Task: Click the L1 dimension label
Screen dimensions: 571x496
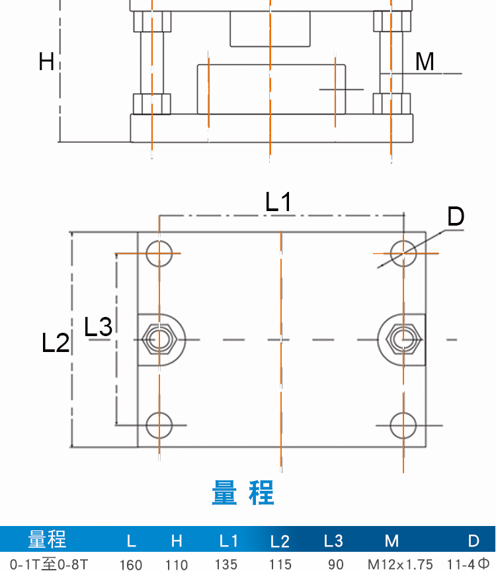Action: click(278, 201)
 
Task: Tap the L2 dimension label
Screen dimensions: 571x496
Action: click(56, 343)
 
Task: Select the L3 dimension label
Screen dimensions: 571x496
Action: click(99, 326)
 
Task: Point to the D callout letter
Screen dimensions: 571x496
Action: click(456, 216)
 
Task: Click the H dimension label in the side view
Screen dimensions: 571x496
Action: click(46, 62)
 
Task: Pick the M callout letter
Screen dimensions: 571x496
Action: click(425, 62)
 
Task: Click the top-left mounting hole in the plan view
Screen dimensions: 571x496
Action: click(159, 253)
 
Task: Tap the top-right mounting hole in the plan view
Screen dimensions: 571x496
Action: click(403, 253)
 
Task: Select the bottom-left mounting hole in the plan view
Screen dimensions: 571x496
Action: click(159, 425)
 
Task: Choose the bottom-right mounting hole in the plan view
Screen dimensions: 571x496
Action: click(403, 425)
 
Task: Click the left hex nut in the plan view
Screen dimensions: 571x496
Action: click(159, 339)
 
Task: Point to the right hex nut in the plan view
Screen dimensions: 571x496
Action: click(403, 339)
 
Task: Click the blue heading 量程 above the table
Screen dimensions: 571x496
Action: click(243, 494)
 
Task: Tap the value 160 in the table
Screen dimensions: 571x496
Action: click(131, 564)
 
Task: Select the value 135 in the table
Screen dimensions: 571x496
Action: click(226, 564)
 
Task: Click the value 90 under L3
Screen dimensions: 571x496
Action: click(336, 564)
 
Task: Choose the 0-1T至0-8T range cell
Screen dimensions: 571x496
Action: click(44, 564)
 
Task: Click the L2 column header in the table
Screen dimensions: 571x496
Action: click(280, 541)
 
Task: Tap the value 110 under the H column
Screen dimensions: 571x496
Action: click(177, 564)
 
